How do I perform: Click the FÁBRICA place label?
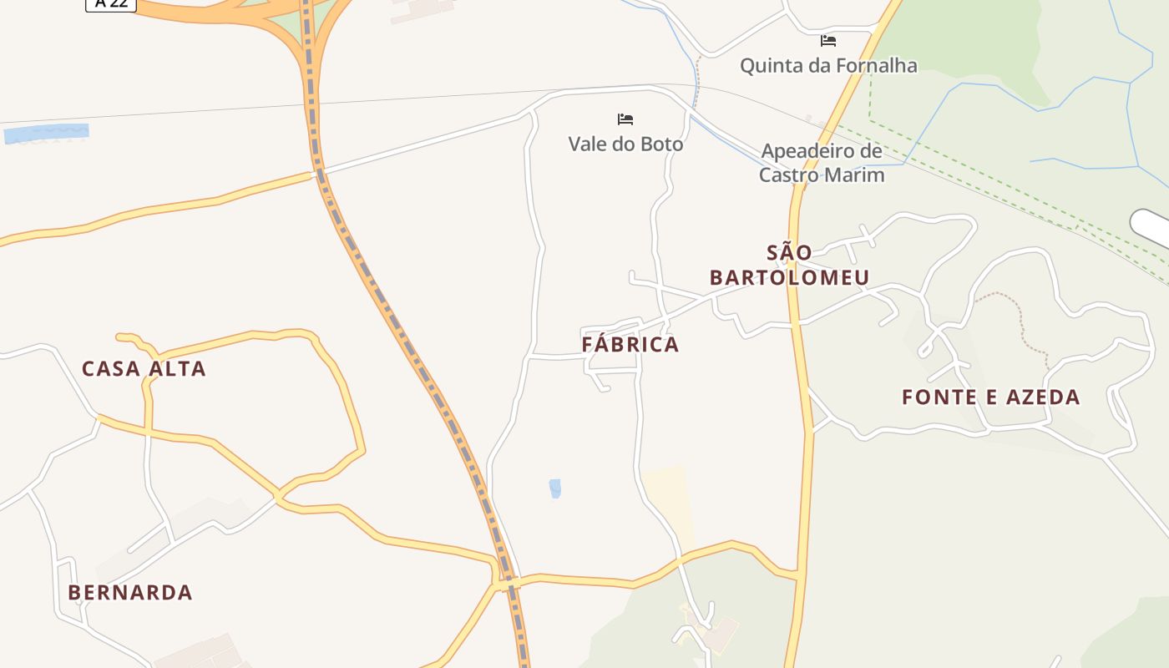pyautogui.click(x=630, y=344)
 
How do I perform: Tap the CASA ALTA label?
pyautogui.click(x=144, y=368)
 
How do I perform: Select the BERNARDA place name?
pyautogui.click(x=130, y=592)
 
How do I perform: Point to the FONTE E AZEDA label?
pyautogui.click(x=991, y=397)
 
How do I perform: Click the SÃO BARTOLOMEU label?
pyautogui.click(x=789, y=265)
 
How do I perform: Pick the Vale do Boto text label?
pyautogui.click(x=625, y=144)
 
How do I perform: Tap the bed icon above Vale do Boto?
pyautogui.click(x=625, y=119)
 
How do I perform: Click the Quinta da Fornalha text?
pyautogui.click(x=828, y=65)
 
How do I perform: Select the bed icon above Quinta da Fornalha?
pyautogui.click(x=828, y=40)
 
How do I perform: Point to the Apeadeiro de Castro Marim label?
pyautogui.click(x=822, y=163)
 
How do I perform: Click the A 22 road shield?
pyautogui.click(x=111, y=4)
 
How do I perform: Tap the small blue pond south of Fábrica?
pyautogui.click(x=555, y=488)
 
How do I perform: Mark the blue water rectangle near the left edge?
pyautogui.click(x=47, y=132)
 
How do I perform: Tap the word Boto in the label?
pyautogui.click(x=662, y=144)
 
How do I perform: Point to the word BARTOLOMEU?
pyautogui.click(x=789, y=277)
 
